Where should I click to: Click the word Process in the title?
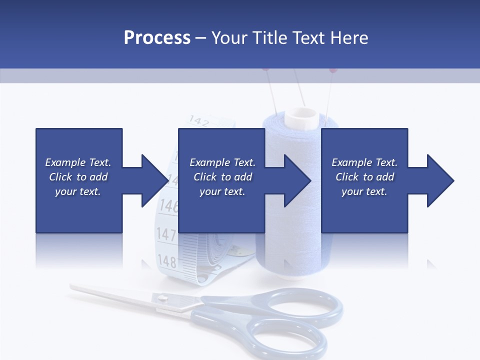pyautogui.click(x=157, y=38)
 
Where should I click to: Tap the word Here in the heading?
pyautogui.click(x=348, y=38)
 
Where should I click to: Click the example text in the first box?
pyautogui.click(x=78, y=177)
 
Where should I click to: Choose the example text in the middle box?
pyautogui.click(x=222, y=177)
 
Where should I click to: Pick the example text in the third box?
pyautogui.click(x=364, y=177)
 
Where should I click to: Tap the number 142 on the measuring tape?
pyautogui.click(x=199, y=121)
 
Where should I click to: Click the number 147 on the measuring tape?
pyautogui.click(x=166, y=234)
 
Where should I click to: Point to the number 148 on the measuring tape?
pyautogui.click(x=167, y=260)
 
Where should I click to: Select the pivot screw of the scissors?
pyautogui.click(x=162, y=298)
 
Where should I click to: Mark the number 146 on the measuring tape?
pyautogui.click(x=169, y=205)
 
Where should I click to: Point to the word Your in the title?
pyautogui.click(x=229, y=38)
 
